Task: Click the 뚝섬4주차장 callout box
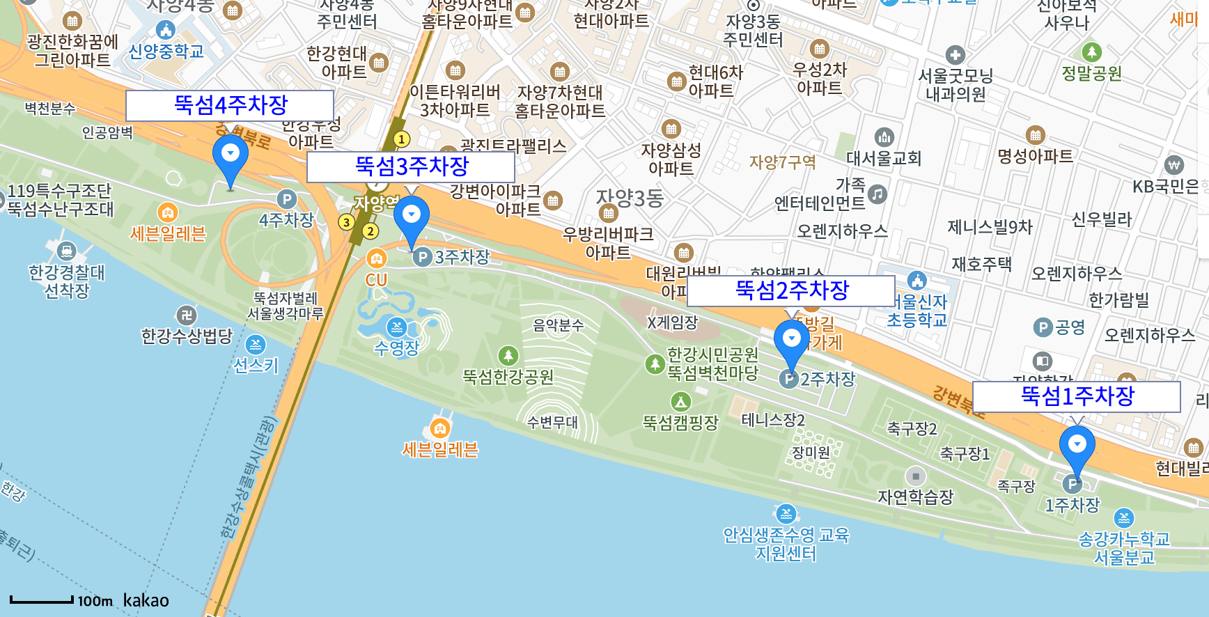click(x=230, y=106)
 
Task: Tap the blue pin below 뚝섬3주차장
click(x=412, y=218)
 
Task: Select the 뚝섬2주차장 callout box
click(x=791, y=290)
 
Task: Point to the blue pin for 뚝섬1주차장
click(x=1077, y=447)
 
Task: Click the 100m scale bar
click(x=42, y=600)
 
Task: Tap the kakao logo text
click(x=146, y=600)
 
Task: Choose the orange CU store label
click(x=376, y=280)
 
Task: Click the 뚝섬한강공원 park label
click(x=508, y=377)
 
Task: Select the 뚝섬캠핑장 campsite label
click(x=680, y=422)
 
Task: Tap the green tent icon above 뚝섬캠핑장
click(x=680, y=401)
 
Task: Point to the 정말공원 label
click(x=1091, y=73)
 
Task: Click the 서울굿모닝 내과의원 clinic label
click(x=955, y=84)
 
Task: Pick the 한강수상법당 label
click(x=187, y=336)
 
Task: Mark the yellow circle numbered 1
click(x=401, y=139)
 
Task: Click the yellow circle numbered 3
click(x=346, y=222)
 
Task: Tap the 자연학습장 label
click(x=915, y=497)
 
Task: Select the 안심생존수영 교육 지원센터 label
click(x=786, y=544)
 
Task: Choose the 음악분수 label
click(x=558, y=325)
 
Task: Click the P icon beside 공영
click(x=1043, y=327)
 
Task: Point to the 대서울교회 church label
click(x=883, y=158)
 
